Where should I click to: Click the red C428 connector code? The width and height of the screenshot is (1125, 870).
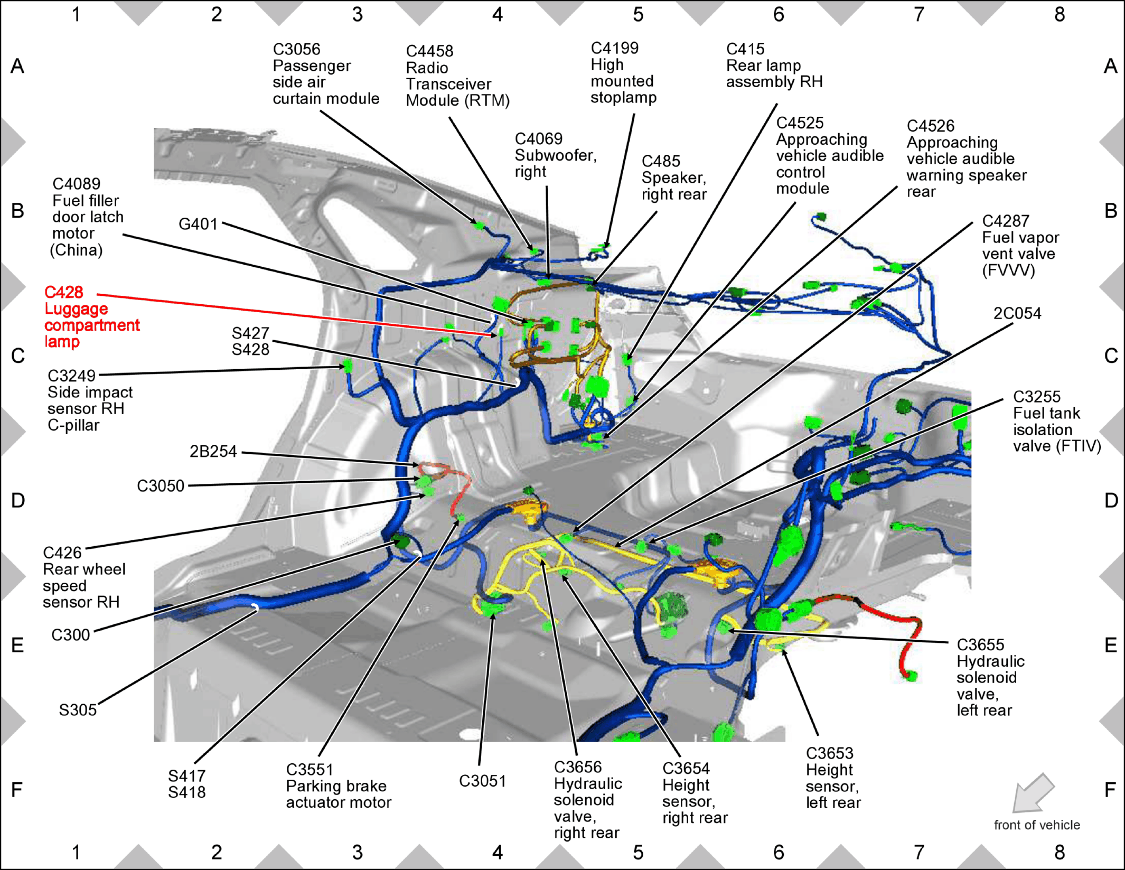63,292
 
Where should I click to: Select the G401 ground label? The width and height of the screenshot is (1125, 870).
198,224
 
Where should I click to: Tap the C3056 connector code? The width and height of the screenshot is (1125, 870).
296,49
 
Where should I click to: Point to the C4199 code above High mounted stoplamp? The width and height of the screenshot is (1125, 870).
614,48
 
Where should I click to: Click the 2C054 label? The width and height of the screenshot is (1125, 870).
1017,313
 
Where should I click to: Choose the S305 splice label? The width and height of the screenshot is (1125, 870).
78,710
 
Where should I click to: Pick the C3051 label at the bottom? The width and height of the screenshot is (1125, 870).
482,781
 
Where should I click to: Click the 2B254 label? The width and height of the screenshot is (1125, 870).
213,452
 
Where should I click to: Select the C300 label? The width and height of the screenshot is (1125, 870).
70,634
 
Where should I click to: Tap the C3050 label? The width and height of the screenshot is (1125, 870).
161,486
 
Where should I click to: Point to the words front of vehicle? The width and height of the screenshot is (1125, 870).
1037,825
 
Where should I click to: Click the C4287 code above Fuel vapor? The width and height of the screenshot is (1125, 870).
1006,221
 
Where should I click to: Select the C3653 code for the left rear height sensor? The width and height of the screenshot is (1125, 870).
829,753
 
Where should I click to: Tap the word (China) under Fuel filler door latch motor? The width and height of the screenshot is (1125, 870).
76,250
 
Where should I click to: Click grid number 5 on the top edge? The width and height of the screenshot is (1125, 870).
638,14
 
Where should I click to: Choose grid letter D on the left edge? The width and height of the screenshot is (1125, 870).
18,500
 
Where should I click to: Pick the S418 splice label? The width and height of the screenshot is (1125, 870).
186,792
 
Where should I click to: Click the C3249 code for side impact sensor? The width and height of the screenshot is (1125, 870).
71,376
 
